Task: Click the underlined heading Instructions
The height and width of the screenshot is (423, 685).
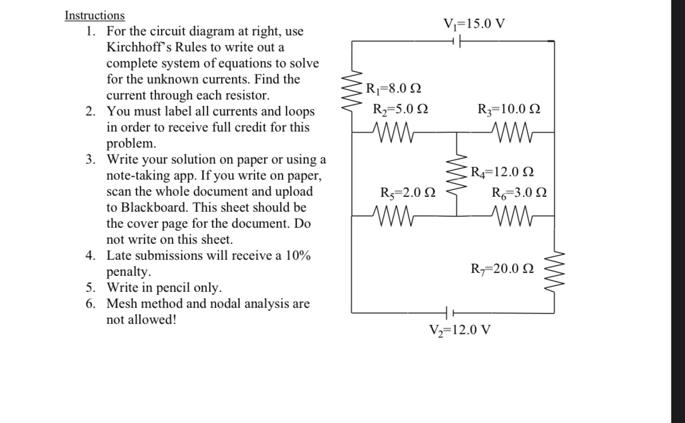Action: click(x=95, y=15)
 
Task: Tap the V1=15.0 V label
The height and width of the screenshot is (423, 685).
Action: click(x=475, y=24)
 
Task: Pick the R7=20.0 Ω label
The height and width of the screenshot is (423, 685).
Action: click(x=502, y=268)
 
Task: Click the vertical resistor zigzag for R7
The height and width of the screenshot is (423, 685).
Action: click(x=554, y=268)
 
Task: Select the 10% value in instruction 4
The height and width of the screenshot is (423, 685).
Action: click(x=297, y=255)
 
